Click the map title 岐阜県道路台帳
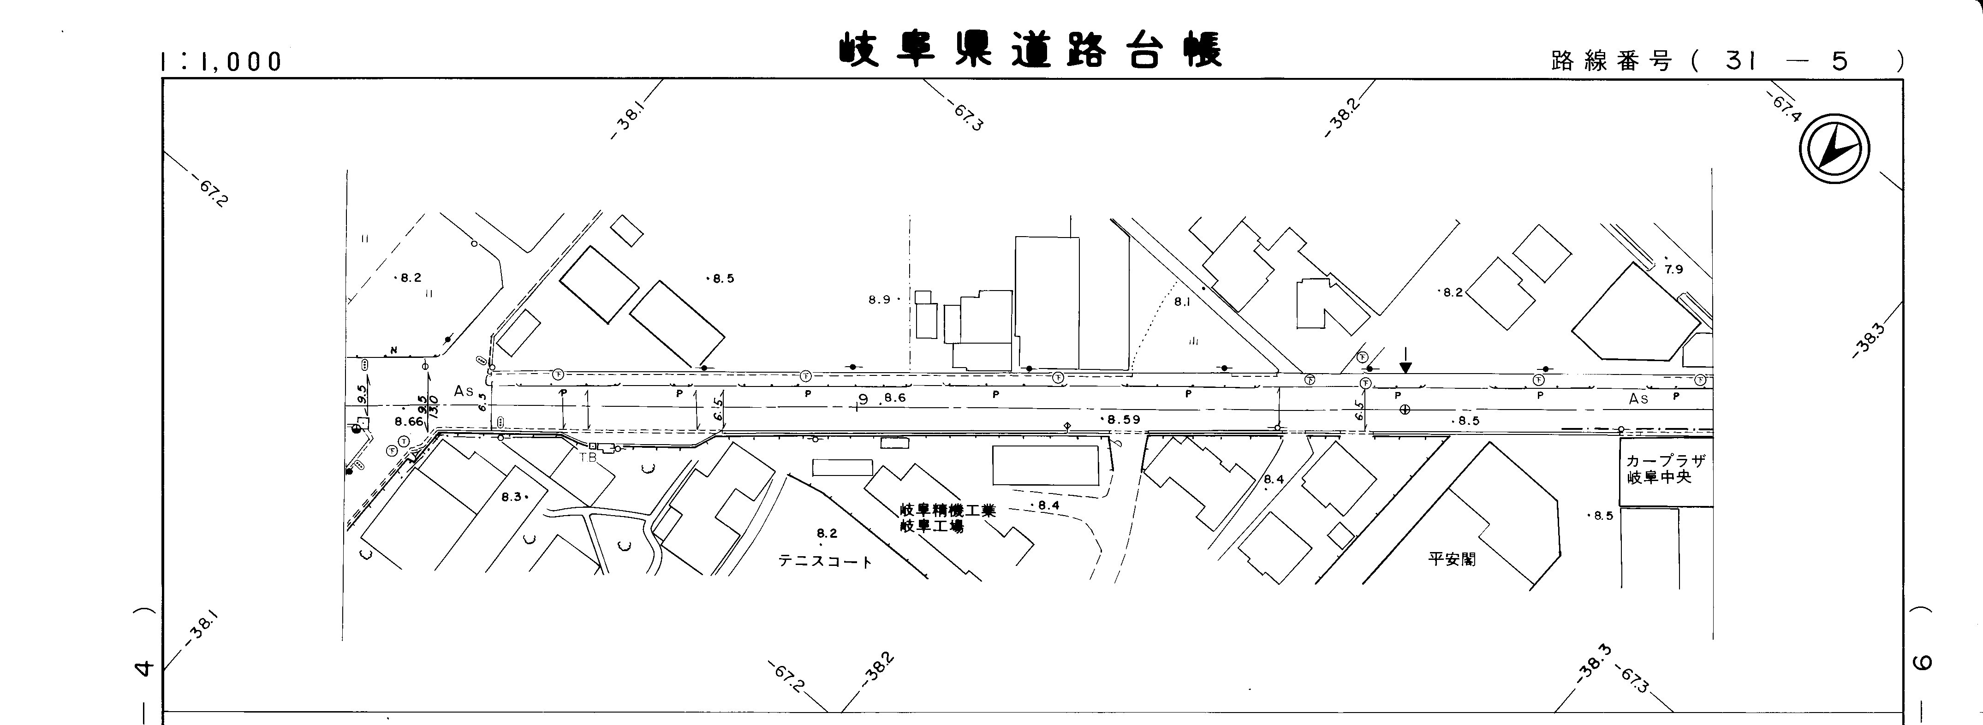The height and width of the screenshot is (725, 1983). tap(1030, 50)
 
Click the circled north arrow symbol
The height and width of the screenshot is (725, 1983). tap(1834, 149)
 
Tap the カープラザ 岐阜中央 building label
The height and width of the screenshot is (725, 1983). tap(1665, 469)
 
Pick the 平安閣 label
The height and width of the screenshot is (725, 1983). tap(1452, 559)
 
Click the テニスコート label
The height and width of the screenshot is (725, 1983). tap(825, 562)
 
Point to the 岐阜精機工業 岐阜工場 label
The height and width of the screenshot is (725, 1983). tap(947, 518)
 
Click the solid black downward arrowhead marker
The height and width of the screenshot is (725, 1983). tap(1405, 368)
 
